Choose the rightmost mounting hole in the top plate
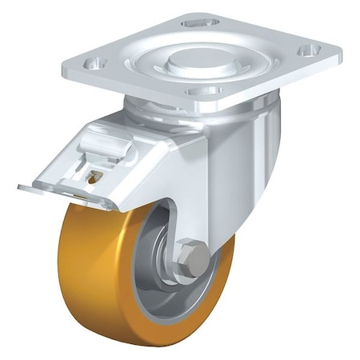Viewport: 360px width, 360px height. (x=305, y=50)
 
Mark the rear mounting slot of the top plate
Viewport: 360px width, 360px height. (x=201, y=23)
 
